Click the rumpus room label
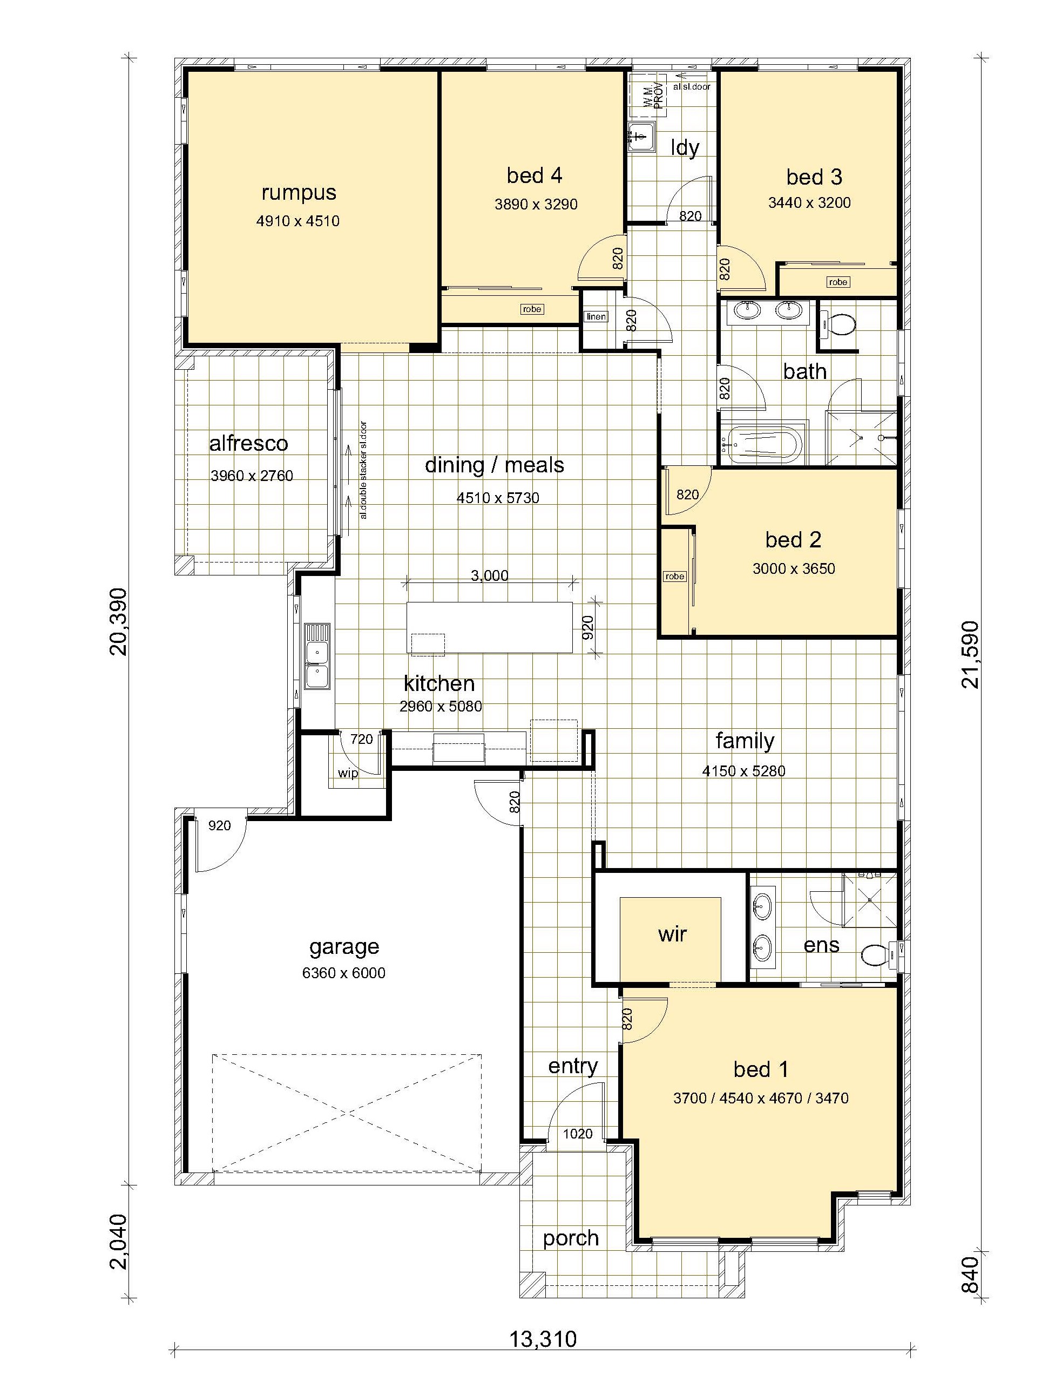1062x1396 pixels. tap(299, 193)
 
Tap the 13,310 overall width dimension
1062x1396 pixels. tap(543, 1338)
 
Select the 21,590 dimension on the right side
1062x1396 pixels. tap(970, 654)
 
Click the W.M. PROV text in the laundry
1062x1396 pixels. tap(654, 96)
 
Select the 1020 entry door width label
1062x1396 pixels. tap(578, 1133)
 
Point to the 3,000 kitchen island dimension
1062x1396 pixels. tap(489, 575)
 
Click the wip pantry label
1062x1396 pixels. tap(348, 773)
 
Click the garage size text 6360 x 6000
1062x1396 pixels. tap(343, 973)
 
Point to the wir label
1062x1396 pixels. tap(672, 934)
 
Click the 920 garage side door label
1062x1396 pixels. tap(219, 825)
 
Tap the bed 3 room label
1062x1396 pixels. tap(814, 177)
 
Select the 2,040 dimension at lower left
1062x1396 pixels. tap(118, 1241)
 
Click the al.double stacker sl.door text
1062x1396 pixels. tap(363, 470)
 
